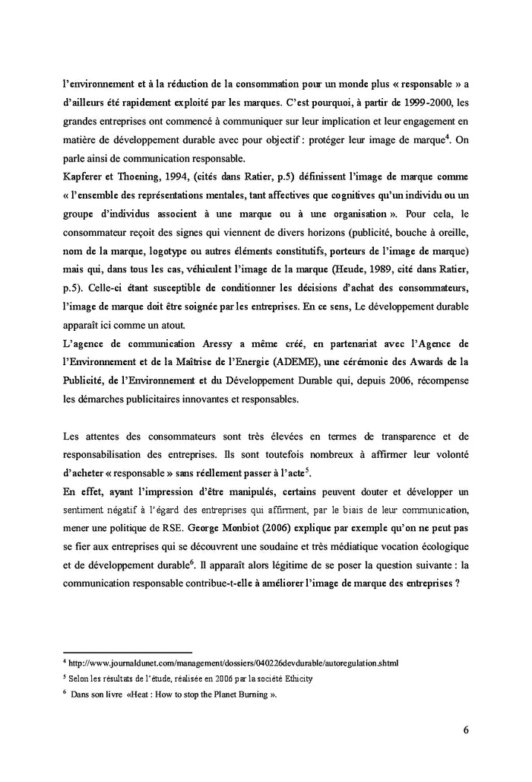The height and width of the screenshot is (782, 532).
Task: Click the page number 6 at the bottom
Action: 465,730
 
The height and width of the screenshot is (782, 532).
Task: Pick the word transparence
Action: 410,435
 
